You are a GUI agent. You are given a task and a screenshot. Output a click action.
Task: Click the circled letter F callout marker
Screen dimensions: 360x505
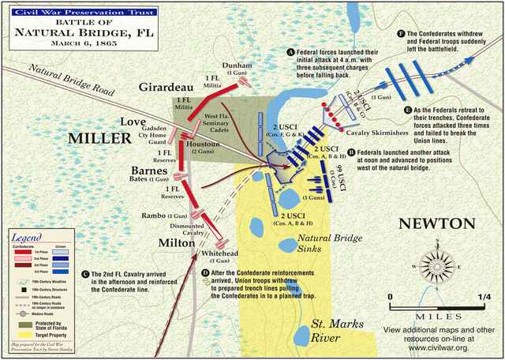tap(402, 35)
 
